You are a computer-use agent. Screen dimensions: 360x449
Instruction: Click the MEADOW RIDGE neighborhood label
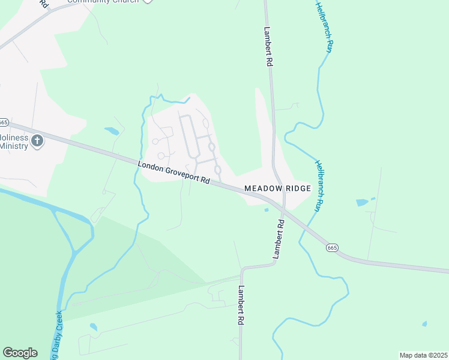(x=277, y=188)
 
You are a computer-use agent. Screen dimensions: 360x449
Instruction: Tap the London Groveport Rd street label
(x=173, y=172)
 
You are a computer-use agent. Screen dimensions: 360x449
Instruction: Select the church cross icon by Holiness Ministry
(x=38, y=141)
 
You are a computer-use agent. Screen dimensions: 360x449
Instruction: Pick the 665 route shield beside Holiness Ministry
(x=3, y=122)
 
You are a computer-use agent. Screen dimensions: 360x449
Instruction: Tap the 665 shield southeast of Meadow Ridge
(x=331, y=247)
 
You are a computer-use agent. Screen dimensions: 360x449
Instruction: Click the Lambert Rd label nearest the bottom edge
(x=240, y=305)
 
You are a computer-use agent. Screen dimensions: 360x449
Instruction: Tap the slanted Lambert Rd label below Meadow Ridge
(x=278, y=239)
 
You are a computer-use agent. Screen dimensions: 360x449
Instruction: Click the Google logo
(x=20, y=353)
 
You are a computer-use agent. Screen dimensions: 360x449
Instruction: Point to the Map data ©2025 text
(x=423, y=355)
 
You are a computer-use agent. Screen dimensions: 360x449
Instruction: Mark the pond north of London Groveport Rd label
(x=112, y=130)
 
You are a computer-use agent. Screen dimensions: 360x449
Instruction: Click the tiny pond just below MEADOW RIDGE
(x=266, y=210)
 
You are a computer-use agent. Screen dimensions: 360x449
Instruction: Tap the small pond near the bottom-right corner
(x=424, y=324)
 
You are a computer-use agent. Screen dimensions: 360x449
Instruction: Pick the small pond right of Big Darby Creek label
(x=93, y=327)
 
